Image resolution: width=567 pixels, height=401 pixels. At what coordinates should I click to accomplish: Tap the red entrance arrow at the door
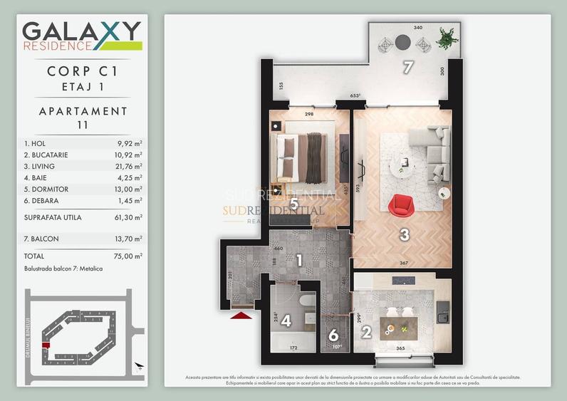[243, 313]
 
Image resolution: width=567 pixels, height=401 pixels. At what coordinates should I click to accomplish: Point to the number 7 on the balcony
[408, 68]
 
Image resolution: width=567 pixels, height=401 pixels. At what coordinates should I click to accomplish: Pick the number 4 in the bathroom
[286, 321]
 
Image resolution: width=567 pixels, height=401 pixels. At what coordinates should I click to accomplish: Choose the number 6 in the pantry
[333, 335]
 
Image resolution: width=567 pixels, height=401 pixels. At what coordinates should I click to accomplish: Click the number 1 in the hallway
[300, 261]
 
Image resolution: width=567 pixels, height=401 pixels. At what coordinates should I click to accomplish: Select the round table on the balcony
[403, 41]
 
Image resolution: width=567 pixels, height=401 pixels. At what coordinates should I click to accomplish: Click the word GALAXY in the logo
[81, 31]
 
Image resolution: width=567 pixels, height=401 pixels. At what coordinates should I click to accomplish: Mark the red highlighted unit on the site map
[46, 345]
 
